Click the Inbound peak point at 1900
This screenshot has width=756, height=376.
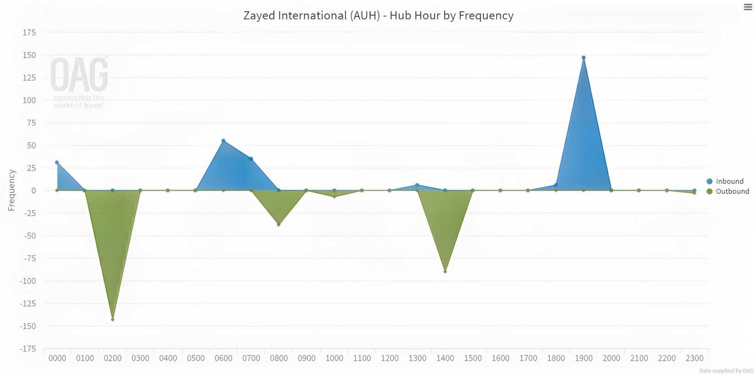click(x=583, y=58)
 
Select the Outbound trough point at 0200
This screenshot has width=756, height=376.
click(x=113, y=319)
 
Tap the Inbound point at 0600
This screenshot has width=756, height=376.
click(x=224, y=141)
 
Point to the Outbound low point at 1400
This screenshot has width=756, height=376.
click(x=445, y=271)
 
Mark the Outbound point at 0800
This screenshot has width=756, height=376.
click(x=279, y=225)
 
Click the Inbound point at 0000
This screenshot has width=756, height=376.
click(x=57, y=162)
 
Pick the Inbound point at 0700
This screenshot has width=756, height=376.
click(x=251, y=159)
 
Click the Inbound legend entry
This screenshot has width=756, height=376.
click(x=729, y=181)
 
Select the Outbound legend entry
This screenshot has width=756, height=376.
click(x=732, y=191)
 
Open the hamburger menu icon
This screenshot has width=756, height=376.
click(x=748, y=7)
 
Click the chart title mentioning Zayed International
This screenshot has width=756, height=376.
click(x=378, y=16)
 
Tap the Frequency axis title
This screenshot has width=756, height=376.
click(x=12, y=190)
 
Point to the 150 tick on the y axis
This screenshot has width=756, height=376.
click(x=29, y=55)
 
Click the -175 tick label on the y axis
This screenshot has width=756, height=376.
click(x=27, y=349)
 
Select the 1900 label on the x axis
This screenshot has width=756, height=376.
click(x=583, y=358)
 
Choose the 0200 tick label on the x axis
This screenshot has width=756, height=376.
click(x=113, y=358)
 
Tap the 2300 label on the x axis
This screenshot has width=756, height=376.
click(x=694, y=358)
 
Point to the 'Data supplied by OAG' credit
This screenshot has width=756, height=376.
click(x=726, y=370)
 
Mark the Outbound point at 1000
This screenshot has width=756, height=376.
click(x=334, y=197)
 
